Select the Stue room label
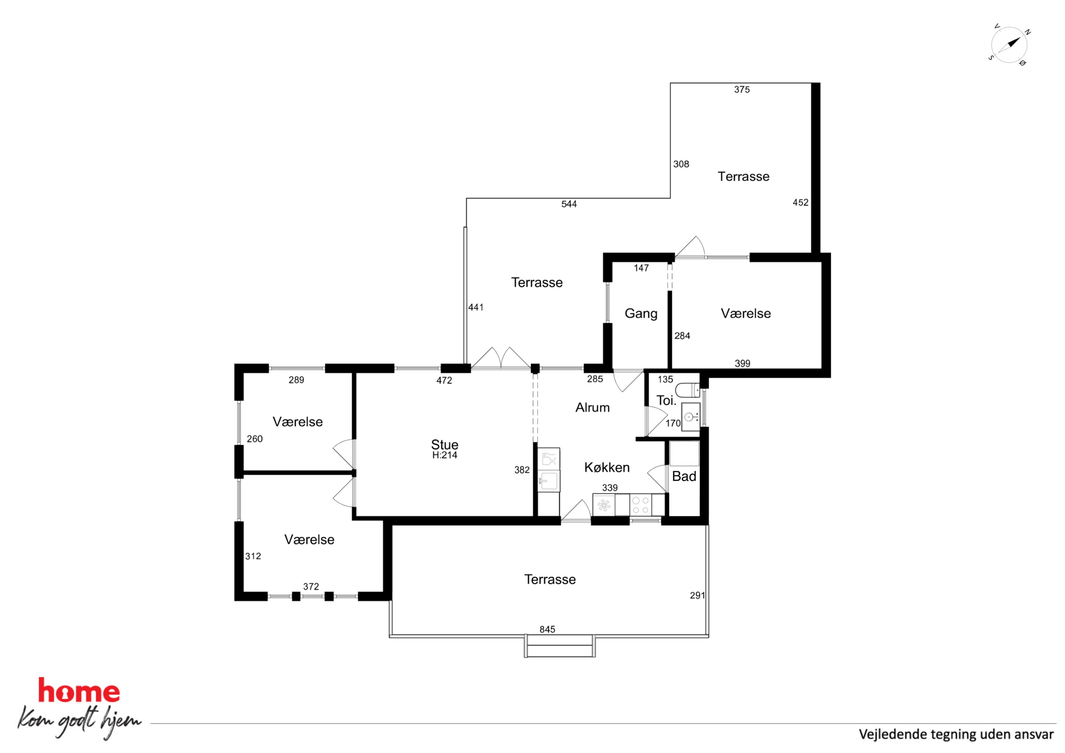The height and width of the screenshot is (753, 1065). (x=444, y=444)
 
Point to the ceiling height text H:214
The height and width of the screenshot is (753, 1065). (x=444, y=455)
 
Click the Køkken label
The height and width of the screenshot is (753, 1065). (x=607, y=467)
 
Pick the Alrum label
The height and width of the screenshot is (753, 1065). (x=592, y=408)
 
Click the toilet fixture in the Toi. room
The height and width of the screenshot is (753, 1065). (x=687, y=390)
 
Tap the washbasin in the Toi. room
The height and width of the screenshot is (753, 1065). (x=691, y=417)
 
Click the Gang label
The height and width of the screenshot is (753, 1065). (x=641, y=314)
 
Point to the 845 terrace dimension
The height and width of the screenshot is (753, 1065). (x=547, y=629)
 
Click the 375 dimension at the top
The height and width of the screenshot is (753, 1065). (x=742, y=90)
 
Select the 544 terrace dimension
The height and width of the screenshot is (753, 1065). (x=569, y=204)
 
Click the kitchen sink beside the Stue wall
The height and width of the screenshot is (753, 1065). (x=549, y=481)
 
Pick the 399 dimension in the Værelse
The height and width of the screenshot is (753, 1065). (x=743, y=364)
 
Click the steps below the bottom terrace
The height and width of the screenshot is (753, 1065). (x=560, y=646)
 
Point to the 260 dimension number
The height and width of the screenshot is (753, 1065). (x=254, y=439)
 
